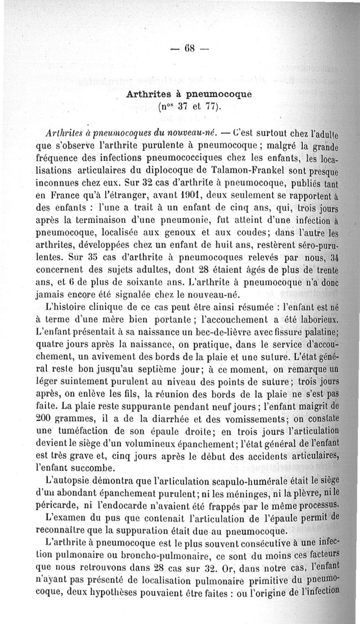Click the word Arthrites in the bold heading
[x=148, y=95]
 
